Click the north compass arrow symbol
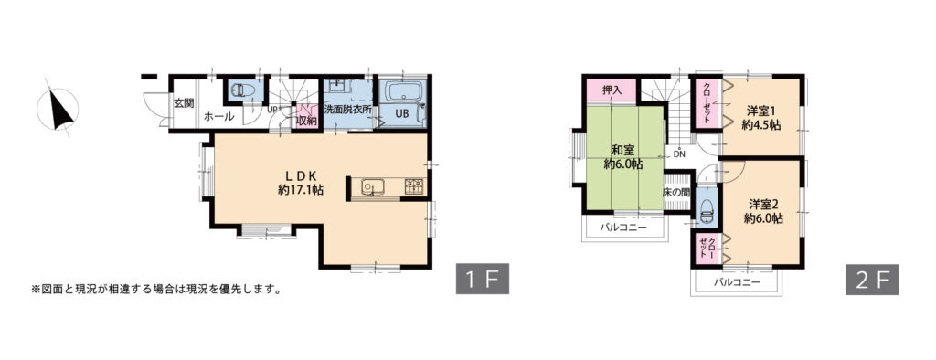pyautogui.click(x=59, y=110)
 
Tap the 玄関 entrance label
pyautogui.click(x=184, y=103)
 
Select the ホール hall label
pyautogui.click(x=219, y=117)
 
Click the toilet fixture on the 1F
pyautogui.click(x=242, y=90)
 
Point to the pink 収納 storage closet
pyautogui.click(x=307, y=116)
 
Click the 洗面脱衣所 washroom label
pyautogui.click(x=348, y=111)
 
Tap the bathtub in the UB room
pyautogui.click(x=404, y=91)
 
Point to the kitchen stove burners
pyautogui.click(x=415, y=187)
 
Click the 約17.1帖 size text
pyautogui.click(x=301, y=191)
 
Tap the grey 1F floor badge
pyautogui.click(x=483, y=279)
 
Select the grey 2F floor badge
pyautogui.click(x=871, y=280)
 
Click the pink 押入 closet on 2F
pyautogui.click(x=612, y=90)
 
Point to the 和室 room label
pyautogui.click(x=622, y=150)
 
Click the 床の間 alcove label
pyautogui.click(x=676, y=193)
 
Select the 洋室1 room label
pyautogui.click(x=761, y=111)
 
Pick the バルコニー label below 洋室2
pyautogui.click(x=736, y=281)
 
